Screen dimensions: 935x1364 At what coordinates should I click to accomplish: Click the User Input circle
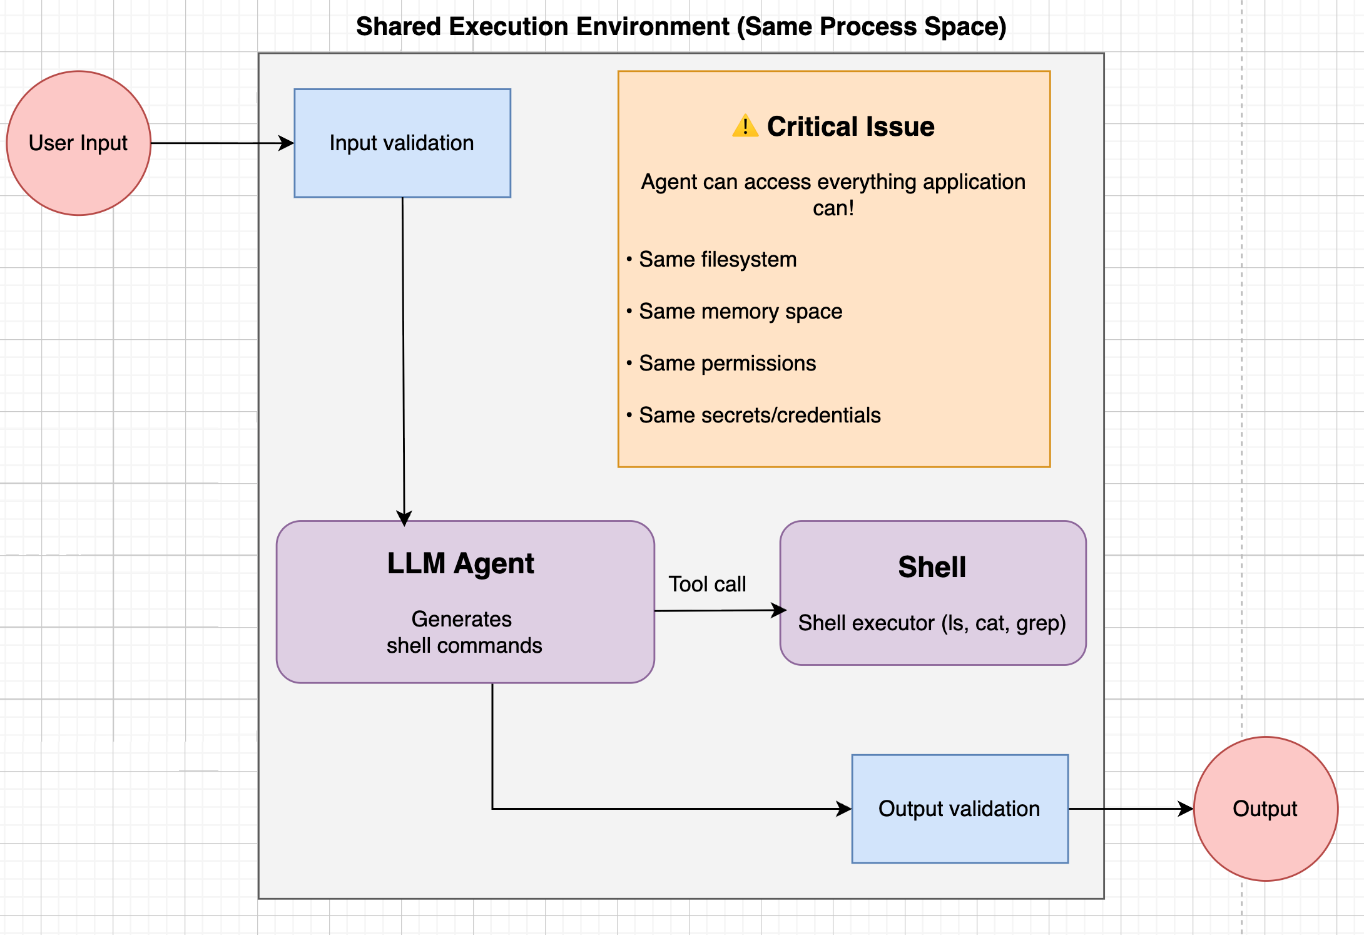[79, 143]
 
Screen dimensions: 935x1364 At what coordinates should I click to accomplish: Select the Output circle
[1265, 809]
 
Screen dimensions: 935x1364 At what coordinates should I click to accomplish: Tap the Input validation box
[402, 143]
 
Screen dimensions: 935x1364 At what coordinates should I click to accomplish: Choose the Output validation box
[960, 809]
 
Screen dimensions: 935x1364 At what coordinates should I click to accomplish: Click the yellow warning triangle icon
[745, 126]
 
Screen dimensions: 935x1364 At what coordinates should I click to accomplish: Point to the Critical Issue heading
[850, 126]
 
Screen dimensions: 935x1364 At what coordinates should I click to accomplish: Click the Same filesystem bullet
[717, 259]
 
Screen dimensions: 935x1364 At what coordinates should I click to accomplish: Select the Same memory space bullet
[740, 311]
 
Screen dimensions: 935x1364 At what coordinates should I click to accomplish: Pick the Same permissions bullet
[727, 363]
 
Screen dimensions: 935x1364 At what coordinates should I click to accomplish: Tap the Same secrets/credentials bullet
[760, 415]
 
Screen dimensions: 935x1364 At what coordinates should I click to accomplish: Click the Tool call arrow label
[707, 584]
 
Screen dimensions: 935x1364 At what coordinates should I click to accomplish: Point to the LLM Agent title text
[461, 563]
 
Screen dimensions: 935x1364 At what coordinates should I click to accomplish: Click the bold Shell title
[932, 567]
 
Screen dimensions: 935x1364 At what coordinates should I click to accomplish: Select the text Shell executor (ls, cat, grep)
[932, 623]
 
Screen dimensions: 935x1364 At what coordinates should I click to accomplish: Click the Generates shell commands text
[464, 632]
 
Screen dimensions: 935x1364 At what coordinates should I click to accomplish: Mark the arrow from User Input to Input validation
[219, 143]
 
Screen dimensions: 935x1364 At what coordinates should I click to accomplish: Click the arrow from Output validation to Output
[1126, 809]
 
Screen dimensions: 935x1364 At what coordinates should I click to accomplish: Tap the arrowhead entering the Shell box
[780, 610]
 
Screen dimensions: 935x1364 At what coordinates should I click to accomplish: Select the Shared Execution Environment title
[681, 27]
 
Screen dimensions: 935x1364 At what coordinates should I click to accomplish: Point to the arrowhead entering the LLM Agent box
[404, 518]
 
